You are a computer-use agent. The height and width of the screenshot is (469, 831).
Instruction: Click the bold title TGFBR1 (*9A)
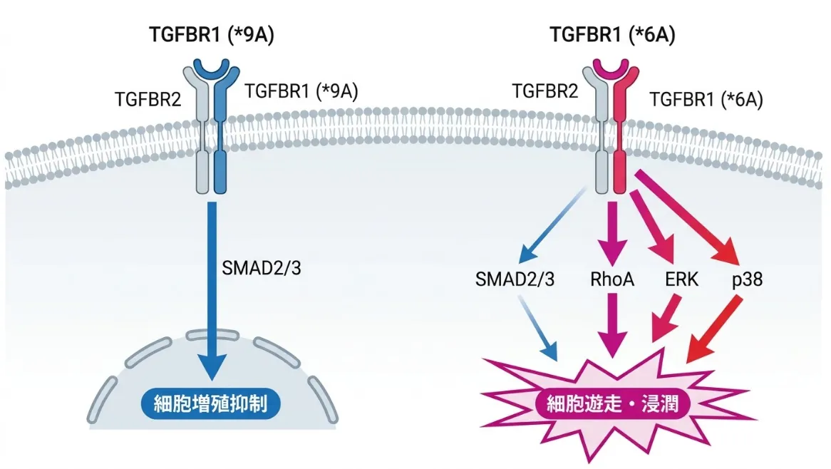point(212,35)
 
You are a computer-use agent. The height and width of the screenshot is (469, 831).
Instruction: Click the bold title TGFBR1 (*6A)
point(613,35)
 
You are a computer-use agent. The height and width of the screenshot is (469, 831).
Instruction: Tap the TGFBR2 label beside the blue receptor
point(148,99)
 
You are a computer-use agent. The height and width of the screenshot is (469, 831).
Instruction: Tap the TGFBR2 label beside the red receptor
point(544,91)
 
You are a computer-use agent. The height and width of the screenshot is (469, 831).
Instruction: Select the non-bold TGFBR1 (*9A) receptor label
point(301,91)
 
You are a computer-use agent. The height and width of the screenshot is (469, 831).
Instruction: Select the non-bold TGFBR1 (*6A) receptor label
point(706,99)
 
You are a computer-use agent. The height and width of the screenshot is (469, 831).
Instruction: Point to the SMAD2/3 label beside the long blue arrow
point(262,268)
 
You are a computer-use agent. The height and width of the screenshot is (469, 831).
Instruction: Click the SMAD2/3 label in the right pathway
point(515,279)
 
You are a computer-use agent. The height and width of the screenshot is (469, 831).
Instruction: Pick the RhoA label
point(612,279)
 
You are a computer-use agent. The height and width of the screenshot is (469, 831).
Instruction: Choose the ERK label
point(681,279)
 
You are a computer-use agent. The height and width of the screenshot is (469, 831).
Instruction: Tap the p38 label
point(748,280)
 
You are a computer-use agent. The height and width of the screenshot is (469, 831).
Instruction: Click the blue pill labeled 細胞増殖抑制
point(210,404)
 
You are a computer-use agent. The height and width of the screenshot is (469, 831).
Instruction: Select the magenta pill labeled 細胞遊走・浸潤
point(613,404)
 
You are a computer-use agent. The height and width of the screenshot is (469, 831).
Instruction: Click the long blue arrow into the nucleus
point(212,291)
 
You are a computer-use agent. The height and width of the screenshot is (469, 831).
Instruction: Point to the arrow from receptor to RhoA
point(613,233)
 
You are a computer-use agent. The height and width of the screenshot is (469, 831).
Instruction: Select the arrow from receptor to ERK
point(651,228)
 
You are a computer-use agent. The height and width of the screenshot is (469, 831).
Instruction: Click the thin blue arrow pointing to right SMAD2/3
point(553,225)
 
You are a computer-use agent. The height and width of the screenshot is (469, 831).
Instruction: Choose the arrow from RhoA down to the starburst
point(613,325)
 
